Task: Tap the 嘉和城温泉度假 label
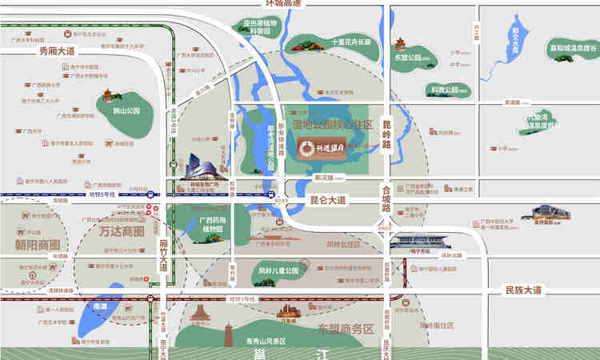click(573, 48)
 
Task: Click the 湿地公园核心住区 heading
click(333, 125)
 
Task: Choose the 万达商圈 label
click(122, 231)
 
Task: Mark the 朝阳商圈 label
click(38, 243)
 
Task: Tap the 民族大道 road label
click(522, 289)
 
